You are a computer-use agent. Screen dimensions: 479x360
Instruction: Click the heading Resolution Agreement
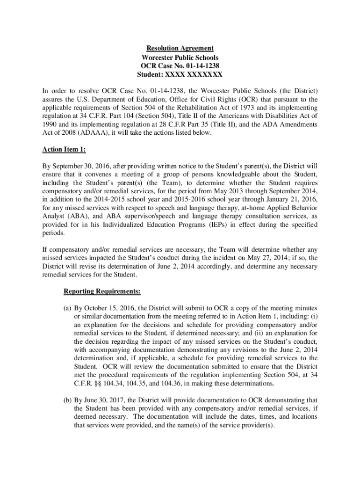[x=180, y=48]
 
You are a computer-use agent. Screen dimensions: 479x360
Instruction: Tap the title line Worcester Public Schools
[x=180, y=57]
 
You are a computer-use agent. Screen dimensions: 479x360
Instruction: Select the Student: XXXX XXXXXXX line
[x=180, y=74]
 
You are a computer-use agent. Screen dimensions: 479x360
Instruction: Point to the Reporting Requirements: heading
[x=102, y=292]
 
